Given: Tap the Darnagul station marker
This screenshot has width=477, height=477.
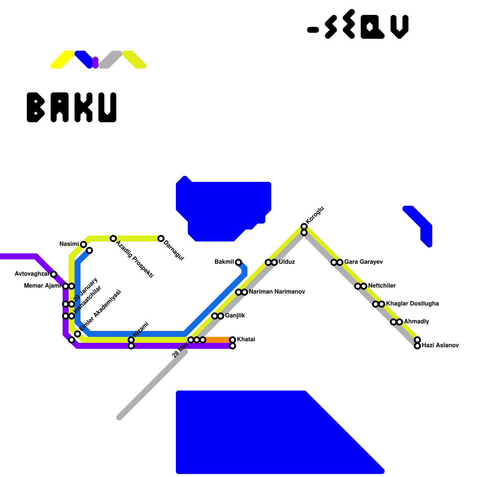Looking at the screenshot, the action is coord(161,238).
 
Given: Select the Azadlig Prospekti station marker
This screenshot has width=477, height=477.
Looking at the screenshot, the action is coord(113,238).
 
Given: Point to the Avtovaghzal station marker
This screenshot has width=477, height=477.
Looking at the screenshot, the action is coord(54,274).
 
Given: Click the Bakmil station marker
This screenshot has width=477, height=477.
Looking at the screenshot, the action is coord(238,262).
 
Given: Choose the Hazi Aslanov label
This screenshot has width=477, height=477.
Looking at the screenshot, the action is coord(440,346).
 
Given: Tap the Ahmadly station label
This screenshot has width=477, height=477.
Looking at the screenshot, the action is coord(416,322).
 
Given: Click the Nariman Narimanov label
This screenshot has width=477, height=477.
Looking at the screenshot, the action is coord(277,292).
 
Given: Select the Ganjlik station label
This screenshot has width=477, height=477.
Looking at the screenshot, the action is coord(235,316).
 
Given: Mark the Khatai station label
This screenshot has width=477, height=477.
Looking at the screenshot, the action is coord(246,340).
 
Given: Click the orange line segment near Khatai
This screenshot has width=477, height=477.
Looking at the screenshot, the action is coord(218,340).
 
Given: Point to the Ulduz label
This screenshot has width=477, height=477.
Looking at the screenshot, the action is coord(287,262).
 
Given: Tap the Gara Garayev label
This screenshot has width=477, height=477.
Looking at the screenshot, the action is coord(363,262).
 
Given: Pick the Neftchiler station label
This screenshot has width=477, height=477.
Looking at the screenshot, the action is coord(382,286).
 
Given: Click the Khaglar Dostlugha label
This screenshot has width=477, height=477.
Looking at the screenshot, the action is coord(412,304).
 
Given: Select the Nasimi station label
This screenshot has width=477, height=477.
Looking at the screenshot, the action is coord(69,244).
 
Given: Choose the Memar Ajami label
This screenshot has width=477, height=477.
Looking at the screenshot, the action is coord(42,286).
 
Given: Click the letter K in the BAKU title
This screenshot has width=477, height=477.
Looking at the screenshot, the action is coord(83,107).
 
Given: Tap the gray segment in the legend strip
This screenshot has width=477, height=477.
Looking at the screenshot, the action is coord(110,60).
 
